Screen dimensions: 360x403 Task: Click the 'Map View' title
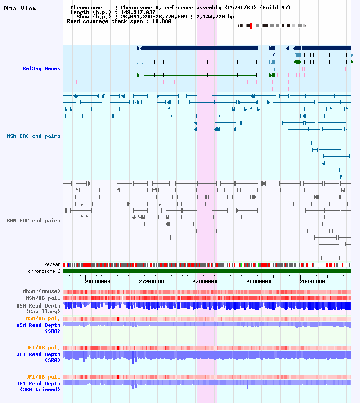pos(20,9)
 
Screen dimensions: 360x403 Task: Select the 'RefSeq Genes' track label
pos(41,68)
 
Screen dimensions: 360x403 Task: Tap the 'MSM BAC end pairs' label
pos(34,136)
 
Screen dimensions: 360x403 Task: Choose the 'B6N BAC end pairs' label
pos(34,221)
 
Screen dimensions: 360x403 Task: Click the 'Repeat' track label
pos(52,264)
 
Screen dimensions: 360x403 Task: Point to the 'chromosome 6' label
pos(44,271)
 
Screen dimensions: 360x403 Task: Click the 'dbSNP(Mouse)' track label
pos(41,291)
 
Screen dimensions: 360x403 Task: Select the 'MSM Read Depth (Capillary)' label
pos(38,308)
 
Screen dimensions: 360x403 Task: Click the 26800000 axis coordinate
pos(98,281)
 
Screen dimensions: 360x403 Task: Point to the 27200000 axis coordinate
pos(151,281)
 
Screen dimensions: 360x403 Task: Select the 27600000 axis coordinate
pos(205,281)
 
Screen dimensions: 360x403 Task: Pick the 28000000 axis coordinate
pos(259,281)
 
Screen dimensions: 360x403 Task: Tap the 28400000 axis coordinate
pos(312,281)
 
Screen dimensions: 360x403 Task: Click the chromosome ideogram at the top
pos(272,26)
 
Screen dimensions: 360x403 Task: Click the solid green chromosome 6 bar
pos(207,272)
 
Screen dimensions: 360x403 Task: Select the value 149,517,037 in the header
pos(138,12)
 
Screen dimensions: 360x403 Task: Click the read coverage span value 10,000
pos(162,21)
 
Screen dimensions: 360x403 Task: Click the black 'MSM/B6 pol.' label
pos(43,298)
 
